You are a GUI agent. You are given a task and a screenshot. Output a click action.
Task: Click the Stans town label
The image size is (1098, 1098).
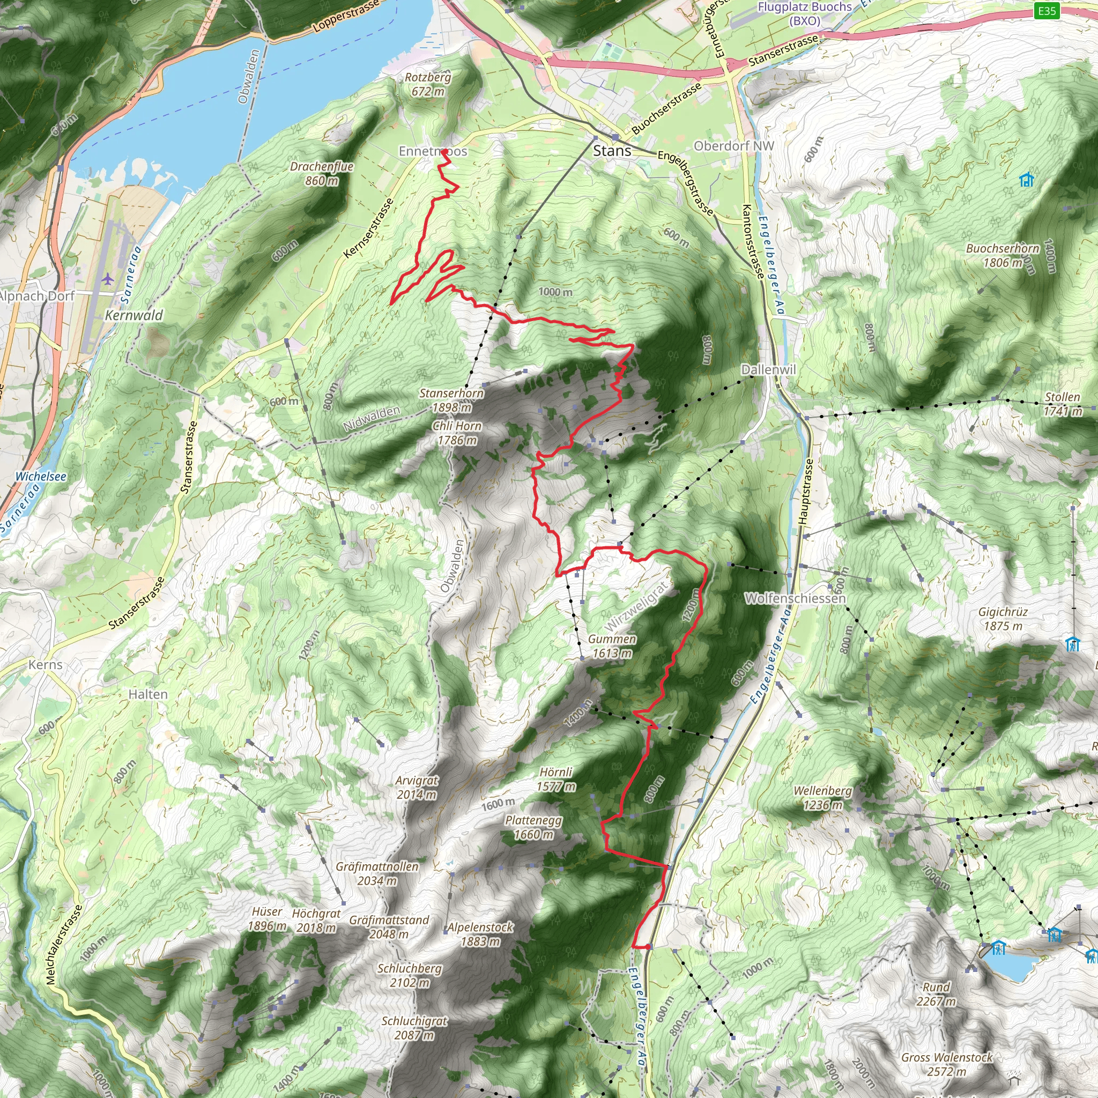click(x=612, y=151)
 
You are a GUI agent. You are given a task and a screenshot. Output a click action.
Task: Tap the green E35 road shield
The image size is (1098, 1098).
click(x=1047, y=11)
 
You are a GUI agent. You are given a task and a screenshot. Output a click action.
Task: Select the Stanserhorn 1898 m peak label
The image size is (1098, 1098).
click(x=451, y=400)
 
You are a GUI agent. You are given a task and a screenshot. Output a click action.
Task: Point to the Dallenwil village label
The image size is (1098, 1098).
click(x=768, y=369)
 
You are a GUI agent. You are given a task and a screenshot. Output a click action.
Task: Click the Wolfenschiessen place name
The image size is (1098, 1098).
click(x=795, y=598)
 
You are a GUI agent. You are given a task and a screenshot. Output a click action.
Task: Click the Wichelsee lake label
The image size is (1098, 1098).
click(x=40, y=476)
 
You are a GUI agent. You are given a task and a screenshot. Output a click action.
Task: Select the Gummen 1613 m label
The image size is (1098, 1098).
click(x=612, y=646)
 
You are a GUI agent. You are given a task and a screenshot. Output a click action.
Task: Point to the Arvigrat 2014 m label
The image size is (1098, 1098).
click(x=417, y=787)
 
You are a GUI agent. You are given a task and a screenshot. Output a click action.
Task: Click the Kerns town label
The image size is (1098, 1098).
click(x=46, y=664)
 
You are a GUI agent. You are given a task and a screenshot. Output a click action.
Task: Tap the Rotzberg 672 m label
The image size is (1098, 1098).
click(x=428, y=84)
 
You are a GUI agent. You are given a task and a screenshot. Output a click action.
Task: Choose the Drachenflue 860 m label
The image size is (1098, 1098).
click(x=322, y=173)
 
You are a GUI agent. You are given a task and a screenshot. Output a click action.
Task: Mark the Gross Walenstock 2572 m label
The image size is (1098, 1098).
click(x=946, y=1064)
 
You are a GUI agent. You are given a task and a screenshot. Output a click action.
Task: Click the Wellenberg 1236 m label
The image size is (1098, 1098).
click(x=822, y=797)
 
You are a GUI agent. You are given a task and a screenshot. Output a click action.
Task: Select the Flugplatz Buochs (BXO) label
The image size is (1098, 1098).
click(x=805, y=13)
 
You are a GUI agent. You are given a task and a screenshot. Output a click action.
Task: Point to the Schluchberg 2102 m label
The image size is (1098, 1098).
click(x=409, y=975)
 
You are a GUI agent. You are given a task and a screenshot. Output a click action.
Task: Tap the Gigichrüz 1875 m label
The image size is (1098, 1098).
click(x=1003, y=619)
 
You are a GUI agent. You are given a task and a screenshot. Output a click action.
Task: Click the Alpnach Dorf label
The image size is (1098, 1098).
click(x=38, y=296)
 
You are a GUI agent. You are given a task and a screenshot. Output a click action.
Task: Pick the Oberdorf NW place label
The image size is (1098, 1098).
click(x=734, y=146)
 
